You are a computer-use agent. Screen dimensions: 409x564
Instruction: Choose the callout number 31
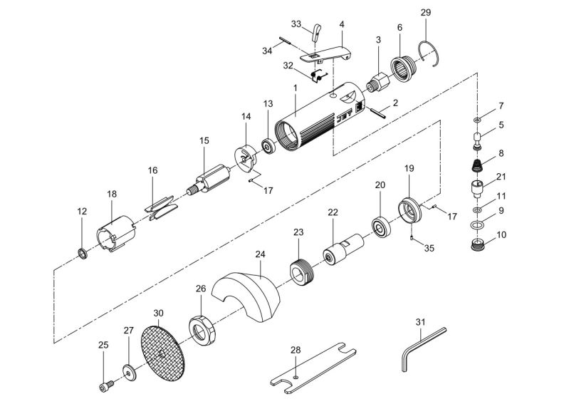click(x=420, y=322)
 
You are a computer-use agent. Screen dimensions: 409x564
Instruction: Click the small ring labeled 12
click(x=83, y=253)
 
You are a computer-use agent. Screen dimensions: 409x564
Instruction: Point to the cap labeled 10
click(x=477, y=246)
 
